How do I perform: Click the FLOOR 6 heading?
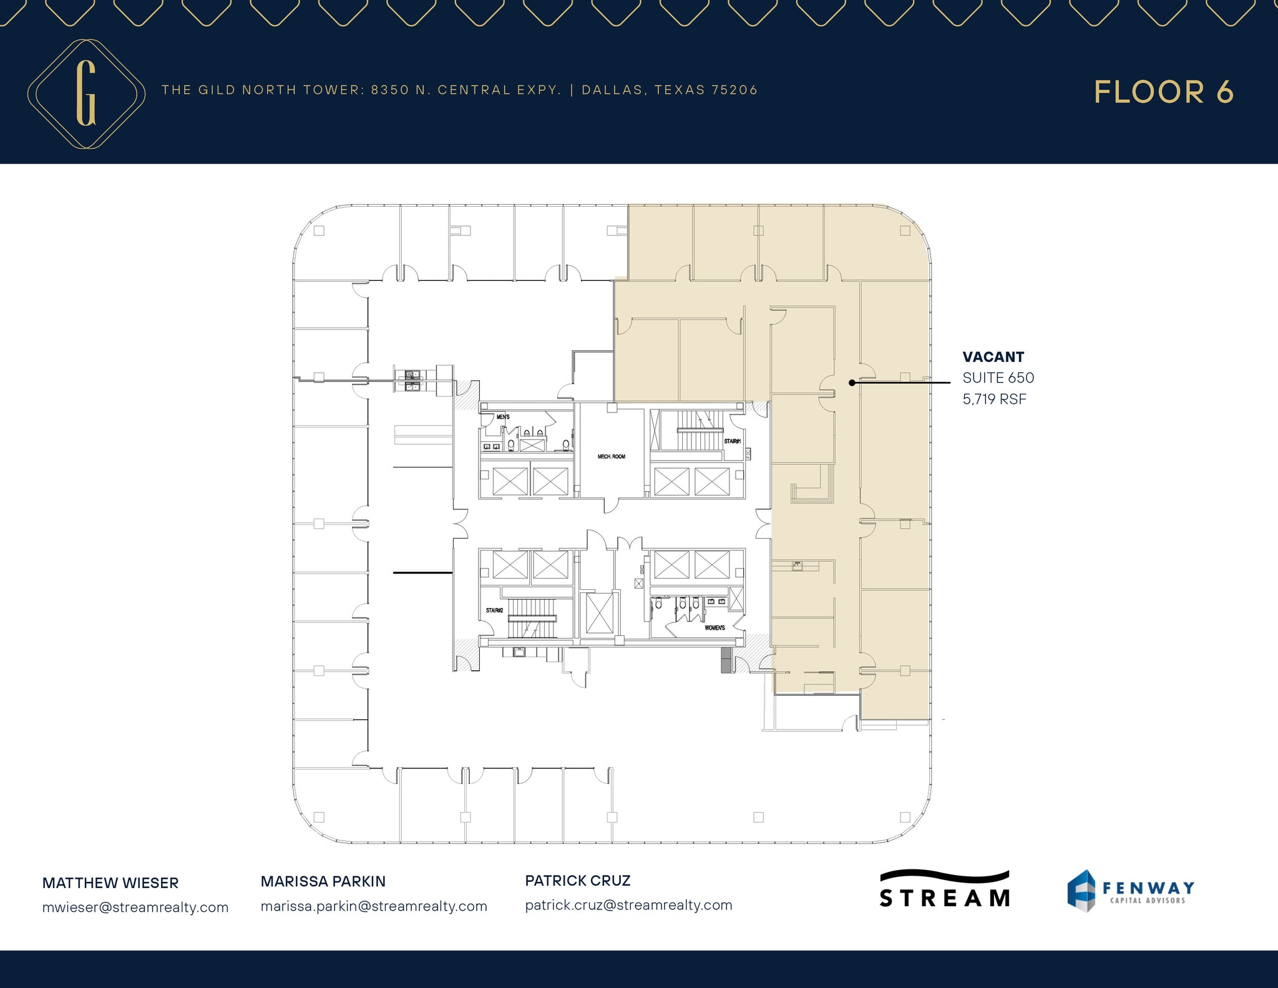[x=1163, y=92]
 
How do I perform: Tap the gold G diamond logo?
[x=86, y=94]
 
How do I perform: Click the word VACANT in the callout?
[x=993, y=357]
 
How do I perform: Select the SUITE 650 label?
[x=998, y=378]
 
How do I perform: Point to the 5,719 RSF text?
[x=994, y=399]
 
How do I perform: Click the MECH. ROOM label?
[x=611, y=457]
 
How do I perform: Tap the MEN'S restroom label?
[x=503, y=417]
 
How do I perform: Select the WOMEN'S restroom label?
[x=715, y=628]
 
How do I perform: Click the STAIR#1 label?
[x=732, y=441]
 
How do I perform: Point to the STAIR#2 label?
[x=494, y=610]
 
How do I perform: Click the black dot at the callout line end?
[x=852, y=383]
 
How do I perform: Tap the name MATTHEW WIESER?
[x=110, y=883]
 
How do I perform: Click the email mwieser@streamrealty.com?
[x=135, y=907]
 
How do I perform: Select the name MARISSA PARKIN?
[x=323, y=881]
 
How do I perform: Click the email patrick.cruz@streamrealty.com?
[x=628, y=905]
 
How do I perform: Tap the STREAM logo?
[x=944, y=889]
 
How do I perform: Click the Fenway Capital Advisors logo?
[x=1130, y=891]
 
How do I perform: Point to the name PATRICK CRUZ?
[x=578, y=881]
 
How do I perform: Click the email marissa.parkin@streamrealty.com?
[x=374, y=906]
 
